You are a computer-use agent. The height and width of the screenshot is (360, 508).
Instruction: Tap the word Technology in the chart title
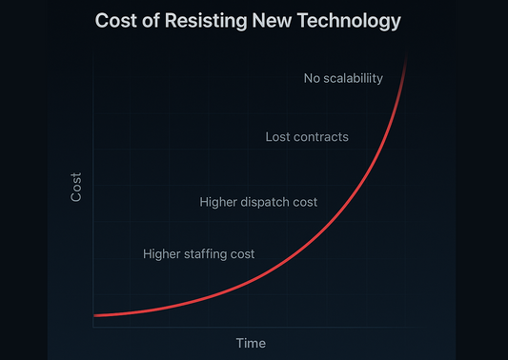(x=347, y=20)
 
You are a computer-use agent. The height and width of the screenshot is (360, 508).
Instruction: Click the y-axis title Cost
(x=77, y=187)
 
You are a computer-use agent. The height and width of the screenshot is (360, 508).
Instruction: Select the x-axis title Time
(x=251, y=343)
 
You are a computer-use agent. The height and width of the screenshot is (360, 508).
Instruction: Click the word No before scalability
(x=313, y=78)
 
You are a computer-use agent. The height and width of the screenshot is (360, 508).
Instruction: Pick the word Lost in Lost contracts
(x=278, y=137)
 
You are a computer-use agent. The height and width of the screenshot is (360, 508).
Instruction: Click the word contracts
(x=321, y=137)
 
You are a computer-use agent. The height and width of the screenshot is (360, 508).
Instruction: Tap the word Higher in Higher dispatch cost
(x=220, y=202)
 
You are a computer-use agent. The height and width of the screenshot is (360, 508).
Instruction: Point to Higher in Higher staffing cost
(x=163, y=254)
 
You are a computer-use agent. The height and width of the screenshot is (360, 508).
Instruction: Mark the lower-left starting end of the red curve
(x=95, y=315)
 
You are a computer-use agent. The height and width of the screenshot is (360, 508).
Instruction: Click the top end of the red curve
(x=407, y=57)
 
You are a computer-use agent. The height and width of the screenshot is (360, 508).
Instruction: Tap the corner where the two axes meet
(x=93, y=327)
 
